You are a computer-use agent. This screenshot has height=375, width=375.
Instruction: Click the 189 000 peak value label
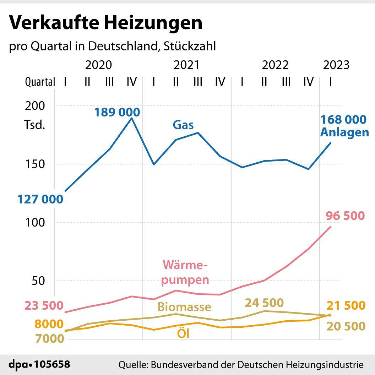click(117, 112)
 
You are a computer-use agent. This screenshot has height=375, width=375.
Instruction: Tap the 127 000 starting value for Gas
click(40, 199)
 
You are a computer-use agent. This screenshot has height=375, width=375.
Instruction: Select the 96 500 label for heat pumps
click(345, 216)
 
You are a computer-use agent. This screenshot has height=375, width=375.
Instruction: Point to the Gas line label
click(183, 125)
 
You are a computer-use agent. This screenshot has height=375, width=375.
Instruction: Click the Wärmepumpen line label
click(185, 272)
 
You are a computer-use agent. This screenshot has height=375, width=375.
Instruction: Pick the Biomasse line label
click(184, 306)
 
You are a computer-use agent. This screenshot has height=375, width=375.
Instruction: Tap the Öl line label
click(183, 334)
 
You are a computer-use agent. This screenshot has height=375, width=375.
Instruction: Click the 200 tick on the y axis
click(35, 106)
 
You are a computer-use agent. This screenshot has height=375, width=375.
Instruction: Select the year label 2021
click(186, 65)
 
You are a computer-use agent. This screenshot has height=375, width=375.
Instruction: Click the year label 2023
click(336, 65)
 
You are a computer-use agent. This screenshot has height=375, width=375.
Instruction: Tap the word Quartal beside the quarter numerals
click(40, 82)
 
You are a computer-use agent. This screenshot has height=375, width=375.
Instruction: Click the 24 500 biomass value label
click(264, 303)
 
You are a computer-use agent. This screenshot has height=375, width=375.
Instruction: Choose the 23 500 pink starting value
click(44, 305)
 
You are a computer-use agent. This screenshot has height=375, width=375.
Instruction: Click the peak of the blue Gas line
click(132, 118)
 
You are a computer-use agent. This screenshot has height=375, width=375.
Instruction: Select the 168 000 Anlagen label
click(344, 126)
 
